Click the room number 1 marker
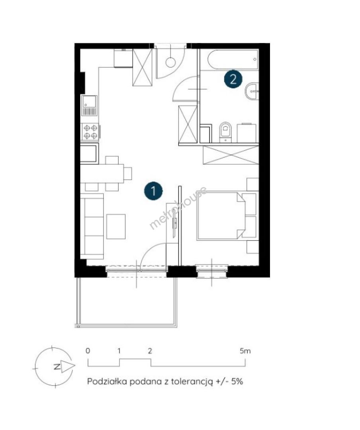click(153, 191)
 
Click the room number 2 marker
click(233, 80)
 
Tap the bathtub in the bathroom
click(233, 59)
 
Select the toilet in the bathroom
click(225, 132)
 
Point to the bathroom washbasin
click(252, 91)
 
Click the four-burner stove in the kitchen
click(90, 132)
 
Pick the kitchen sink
click(89, 105)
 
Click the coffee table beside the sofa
click(116, 227)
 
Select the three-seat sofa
click(92, 226)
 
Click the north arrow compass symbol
click(54, 367)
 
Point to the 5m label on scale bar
click(245, 350)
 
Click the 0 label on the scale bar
click(88, 351)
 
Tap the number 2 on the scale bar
click(150, 351)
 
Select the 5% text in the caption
click(237, 381)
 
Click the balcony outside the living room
click(127, 302)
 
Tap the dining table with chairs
click(106, 173)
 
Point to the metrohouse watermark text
click(178, 208)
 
